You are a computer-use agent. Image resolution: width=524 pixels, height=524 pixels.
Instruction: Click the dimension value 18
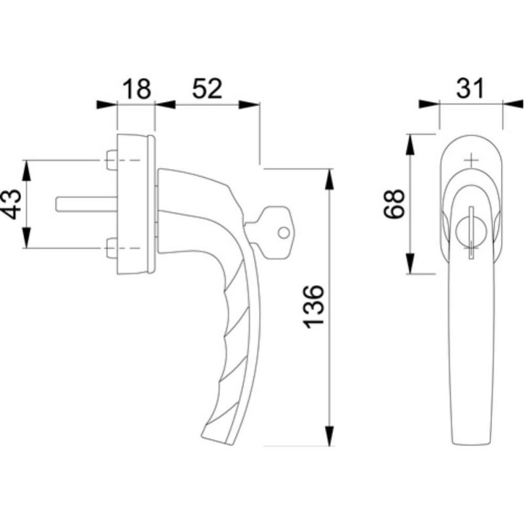[x=137, y=89]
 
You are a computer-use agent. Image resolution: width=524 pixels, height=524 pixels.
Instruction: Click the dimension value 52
[x=207, y=89]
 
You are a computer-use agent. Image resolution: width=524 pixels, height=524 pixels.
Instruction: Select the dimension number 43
[x=11, y=204]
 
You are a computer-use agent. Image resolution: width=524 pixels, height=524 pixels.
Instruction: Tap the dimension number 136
[x=313, y=307]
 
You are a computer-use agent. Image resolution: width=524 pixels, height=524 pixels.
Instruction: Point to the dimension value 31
[x=470, y=88]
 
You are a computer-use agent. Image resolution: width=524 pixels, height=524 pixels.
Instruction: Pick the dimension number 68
[x=394, y=204]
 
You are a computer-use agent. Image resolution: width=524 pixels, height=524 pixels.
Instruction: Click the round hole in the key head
[x=284, y=233]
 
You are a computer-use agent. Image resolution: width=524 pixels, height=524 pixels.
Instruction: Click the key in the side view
[x=270, y=233]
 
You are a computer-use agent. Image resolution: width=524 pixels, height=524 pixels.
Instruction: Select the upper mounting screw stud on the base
[x=112, y=160]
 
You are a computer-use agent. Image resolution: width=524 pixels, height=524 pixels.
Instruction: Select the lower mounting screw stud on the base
[x=112, y=248]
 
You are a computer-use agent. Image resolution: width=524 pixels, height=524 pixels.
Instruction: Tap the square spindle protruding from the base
[x=86, y=204]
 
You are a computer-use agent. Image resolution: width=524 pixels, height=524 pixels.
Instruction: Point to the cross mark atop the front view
[x=471, y=160]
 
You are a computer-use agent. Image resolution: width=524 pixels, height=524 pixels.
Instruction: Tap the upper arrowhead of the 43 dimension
[x=26, y=171]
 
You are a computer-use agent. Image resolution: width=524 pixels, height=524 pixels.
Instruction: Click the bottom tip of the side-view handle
[x=231, y=445]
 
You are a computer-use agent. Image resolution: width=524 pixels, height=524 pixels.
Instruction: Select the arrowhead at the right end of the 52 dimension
[x=249, y=105]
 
